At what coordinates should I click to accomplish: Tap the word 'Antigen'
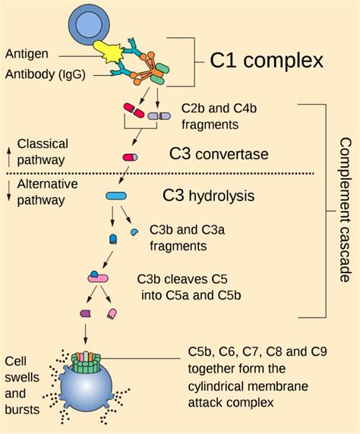point(27,54)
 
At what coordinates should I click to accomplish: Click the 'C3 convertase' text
point(219,155)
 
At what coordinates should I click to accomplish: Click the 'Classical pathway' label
point(43,151)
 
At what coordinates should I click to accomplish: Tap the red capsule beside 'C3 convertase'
point(130,157)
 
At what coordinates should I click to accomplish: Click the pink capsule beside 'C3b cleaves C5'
point(97,278)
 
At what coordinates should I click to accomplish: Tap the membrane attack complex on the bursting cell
point(86,359)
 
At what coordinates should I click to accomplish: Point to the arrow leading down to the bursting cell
point(85,334)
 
